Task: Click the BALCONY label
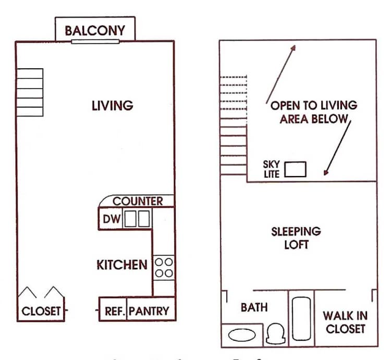click(95, 30)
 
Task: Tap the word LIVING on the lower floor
click(113, 105)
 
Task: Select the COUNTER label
click(138, 201)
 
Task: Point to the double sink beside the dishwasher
click(137, 219)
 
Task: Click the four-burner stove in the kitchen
click(164, 268)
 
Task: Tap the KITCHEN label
click(122, 265)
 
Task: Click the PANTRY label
click(149, 311)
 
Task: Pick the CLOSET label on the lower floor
click(41, 312)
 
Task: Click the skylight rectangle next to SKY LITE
click(295, 169)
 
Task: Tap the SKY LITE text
click(272, 169)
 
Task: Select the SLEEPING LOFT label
click(296, 237)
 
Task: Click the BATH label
click(254, 307)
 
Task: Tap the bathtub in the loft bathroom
click(301, 318)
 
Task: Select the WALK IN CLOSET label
click(344, 322)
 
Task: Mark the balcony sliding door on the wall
click(95, 41)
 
